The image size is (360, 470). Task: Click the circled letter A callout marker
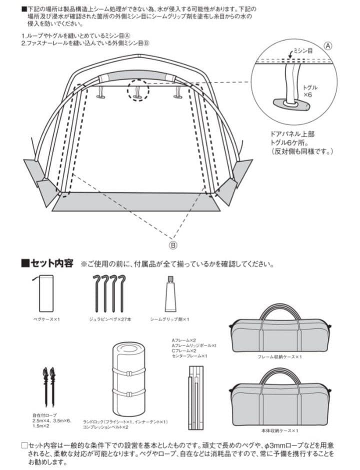point(328,45)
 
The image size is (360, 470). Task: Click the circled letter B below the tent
point(173,245)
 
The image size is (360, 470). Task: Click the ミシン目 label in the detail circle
point(302,51)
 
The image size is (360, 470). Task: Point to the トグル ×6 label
point(310,90)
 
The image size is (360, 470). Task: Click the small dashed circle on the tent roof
point(138,89)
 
